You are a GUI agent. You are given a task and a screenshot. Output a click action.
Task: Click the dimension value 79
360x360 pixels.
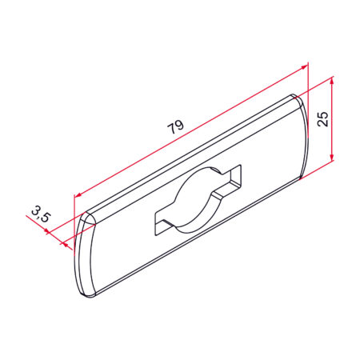[x=175, y=126]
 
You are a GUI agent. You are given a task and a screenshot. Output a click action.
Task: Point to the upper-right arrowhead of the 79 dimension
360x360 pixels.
[x=304, y=68]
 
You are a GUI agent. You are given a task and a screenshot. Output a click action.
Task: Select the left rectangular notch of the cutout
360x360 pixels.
[x=162, y=224]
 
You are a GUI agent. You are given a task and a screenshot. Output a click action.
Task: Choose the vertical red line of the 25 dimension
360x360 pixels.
[x=331, y=120]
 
